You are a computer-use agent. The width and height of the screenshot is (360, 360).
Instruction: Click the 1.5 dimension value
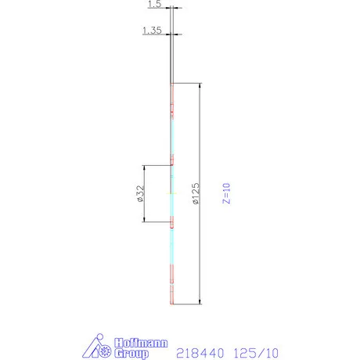coord(153,5)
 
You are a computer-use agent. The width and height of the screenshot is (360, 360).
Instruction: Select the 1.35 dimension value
coord(152,31)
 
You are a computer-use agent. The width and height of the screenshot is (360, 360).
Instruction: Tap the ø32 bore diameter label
coord(139,193)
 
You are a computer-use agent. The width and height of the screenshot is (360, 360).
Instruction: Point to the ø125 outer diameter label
coord(195,193)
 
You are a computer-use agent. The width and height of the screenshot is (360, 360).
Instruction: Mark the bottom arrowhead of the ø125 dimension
coord(200,301)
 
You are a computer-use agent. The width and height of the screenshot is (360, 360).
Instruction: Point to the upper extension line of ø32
coord(157,165)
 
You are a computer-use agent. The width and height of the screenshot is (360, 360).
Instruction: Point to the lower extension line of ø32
coord(157,222)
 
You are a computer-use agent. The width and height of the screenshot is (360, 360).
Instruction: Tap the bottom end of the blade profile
coord(172,302)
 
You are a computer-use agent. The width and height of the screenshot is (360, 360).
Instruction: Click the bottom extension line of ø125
coord(188,303)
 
